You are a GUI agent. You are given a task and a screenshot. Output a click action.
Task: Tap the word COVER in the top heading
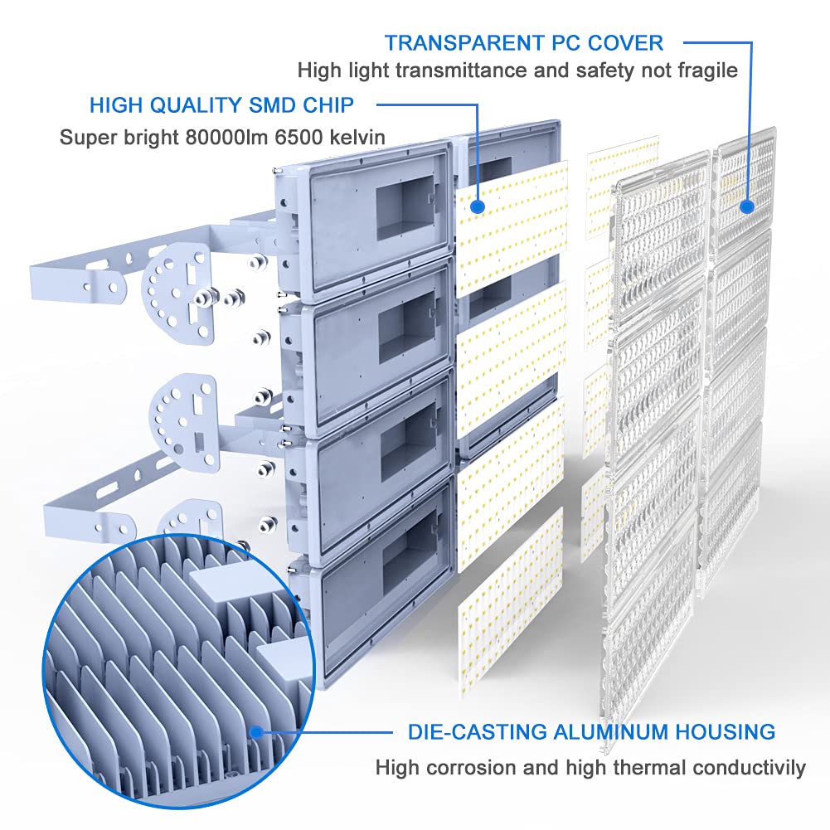[625, 43]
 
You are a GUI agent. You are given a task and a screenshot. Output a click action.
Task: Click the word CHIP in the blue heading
[328, 105]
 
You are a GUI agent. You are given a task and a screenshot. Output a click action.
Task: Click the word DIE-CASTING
[478, 731]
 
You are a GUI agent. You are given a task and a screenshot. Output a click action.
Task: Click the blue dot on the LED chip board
[478, 206]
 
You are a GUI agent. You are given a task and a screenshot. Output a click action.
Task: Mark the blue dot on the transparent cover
[747, 206]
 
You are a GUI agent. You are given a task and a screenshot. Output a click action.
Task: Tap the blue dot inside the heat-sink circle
[257, 733]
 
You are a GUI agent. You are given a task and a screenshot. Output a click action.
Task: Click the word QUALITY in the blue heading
[198, 105]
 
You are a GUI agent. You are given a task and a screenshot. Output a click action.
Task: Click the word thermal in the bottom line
[627, 768]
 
